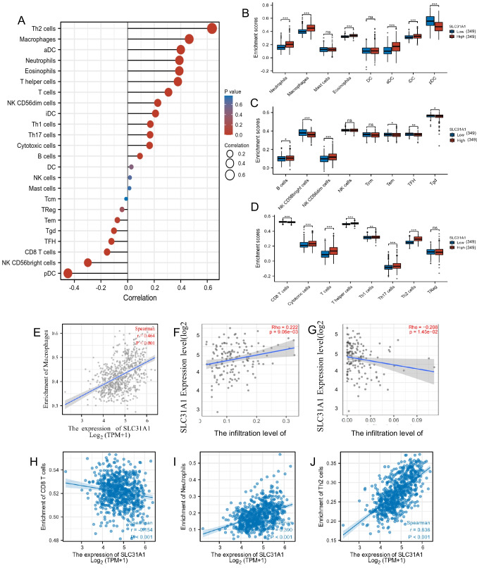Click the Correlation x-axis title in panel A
click(x=126, y=297)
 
